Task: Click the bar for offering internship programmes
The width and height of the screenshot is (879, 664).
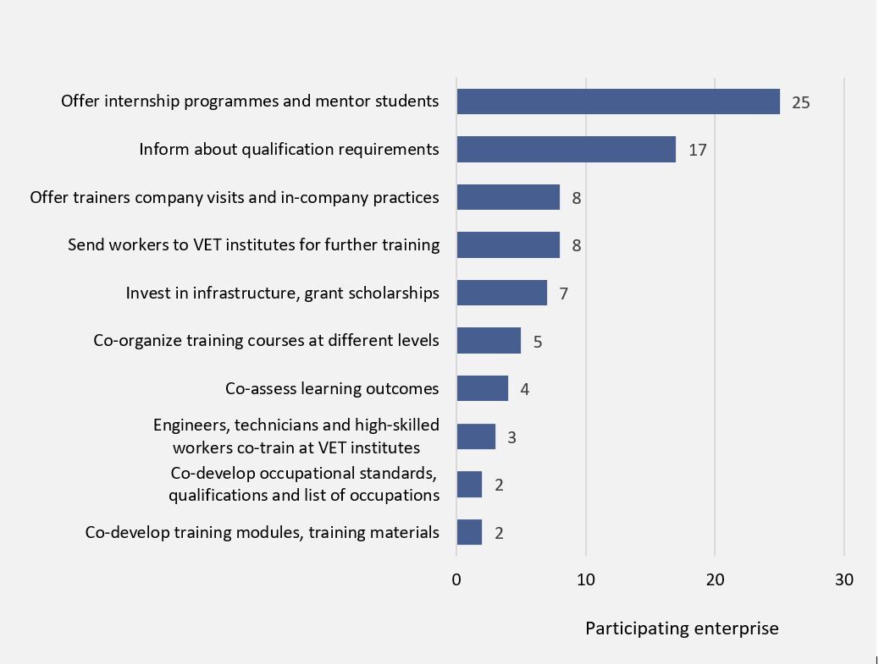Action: tap(617, 102)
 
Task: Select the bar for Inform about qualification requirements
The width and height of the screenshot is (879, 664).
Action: tap(566, 150)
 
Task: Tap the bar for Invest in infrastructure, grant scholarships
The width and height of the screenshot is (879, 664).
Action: tap(501, 294)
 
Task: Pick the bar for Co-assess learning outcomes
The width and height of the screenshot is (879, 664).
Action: tap(482, 388)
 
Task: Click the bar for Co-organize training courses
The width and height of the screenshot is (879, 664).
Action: tap(489, 341)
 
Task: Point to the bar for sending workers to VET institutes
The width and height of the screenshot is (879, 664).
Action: tap(508, 245)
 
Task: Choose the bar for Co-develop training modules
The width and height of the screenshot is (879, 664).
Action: tap(469, 532)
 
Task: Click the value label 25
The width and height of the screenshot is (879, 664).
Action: tap(800, 102)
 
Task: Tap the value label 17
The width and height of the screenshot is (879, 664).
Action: tap(697, 151)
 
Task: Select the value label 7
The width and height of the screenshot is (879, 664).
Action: tap(563, 294)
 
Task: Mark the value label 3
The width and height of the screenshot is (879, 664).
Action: tap(511, 437)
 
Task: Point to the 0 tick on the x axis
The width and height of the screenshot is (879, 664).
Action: tap(456, 580)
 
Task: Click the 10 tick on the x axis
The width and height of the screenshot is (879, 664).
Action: tap(586, 580)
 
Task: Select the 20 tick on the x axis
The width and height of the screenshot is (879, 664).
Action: tap(716, 580)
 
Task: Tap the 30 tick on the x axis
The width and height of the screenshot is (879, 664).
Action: tap(844, 580)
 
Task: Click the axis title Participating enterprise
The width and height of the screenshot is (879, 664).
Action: tap(682, 628)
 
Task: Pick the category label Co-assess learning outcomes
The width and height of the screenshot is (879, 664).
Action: tap(332, 389)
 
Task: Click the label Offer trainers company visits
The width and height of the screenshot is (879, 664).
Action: tap(235, 197)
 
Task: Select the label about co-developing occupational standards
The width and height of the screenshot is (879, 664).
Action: tap(303, 484)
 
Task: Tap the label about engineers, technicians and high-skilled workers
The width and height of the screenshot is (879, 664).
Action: tap(296, 436)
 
